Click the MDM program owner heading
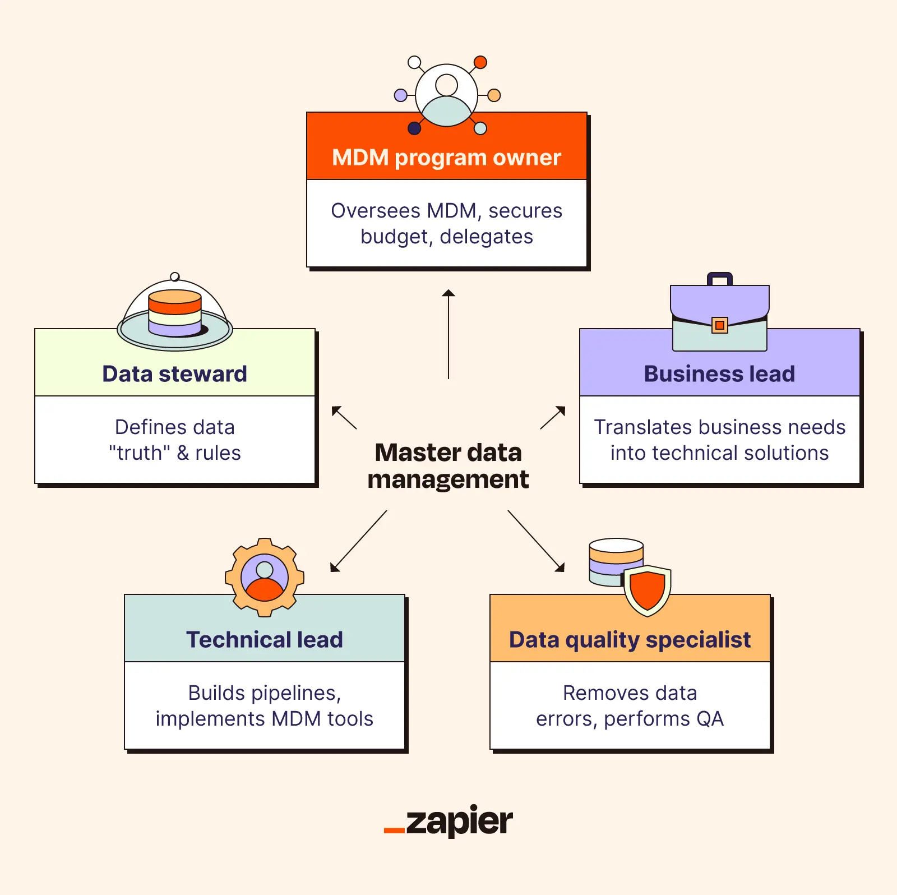click(446, 158)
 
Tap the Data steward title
click(174, 374)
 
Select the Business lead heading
click(719, 374)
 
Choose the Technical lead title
click(264, 640)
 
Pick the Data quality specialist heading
click(630, 640)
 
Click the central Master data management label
click(448, 466)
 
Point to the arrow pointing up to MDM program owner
click(449, 334)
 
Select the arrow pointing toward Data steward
click(344, 417)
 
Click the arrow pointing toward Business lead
click(553, 418)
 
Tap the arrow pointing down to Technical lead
click(358, 541)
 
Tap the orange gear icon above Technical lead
click(265, 577)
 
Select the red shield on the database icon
click(648, 590)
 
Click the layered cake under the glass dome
click(175, 313)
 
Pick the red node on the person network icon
click(480, 62)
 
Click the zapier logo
click(449, 822)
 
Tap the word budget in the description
click(395, 237)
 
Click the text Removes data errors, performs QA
click(630, 706)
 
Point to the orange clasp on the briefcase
click(720, 325)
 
